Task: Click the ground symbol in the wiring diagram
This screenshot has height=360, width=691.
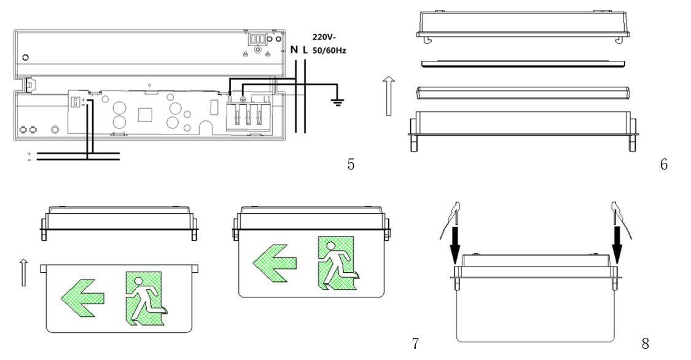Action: coord(336,102)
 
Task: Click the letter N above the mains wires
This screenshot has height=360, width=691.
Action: coord(294,49)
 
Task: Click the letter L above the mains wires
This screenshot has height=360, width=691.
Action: coord(305,49)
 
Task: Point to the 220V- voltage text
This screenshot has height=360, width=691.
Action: coord(325,36)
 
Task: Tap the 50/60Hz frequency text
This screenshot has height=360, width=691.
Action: coord(330,49)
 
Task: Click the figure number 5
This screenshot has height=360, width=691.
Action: coord(351,164)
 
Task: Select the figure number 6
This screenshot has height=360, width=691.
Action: coord(663,164)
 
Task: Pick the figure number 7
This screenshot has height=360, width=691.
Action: coord(416,343)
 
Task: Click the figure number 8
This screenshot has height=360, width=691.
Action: coord(645,343)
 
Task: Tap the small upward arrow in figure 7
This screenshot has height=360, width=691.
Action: coord(24,272)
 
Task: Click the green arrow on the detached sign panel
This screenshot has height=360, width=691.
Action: coord(82,299)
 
